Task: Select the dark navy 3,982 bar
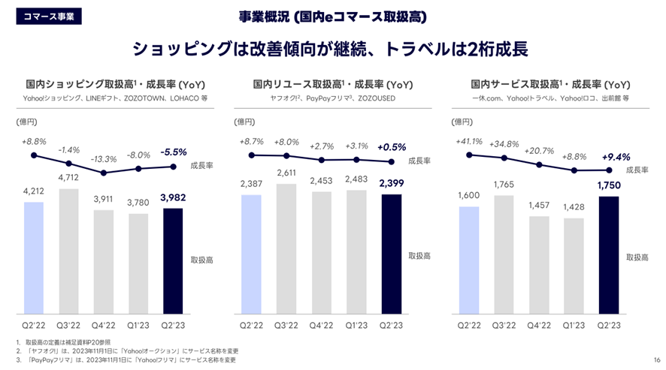click(x=172, y=260)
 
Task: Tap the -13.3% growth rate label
click(x=103, y=158)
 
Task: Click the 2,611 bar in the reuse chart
click(x=286, y=248)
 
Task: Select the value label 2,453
click(x=321, y=181)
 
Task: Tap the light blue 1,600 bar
click(x=469, y=260)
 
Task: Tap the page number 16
click(x=656, y=359)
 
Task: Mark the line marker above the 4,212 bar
click(x=33, y=155)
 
